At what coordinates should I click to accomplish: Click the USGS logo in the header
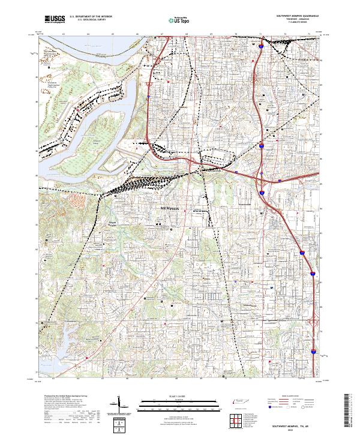(x=55, y=19)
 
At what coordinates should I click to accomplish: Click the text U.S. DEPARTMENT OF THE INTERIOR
(x=91, y=17)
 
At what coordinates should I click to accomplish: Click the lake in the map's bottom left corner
(x=48, y=357)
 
